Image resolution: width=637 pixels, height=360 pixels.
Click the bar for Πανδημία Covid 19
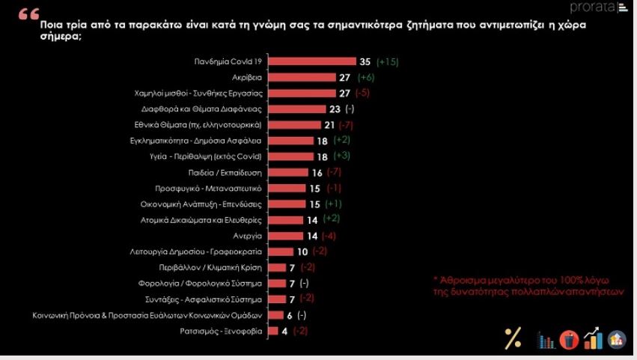pyautogui.click(x=311, y=61)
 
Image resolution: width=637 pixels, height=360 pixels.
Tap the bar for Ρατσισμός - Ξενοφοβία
pyautogui.click(x=272, y=330)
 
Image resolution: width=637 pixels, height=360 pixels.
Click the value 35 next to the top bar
pyautogui.click(x=365, y=61)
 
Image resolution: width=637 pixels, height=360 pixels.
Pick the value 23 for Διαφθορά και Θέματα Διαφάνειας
pyautogui.click(x=335, y=109)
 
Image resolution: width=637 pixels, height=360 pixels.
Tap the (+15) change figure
pyautogui.click(x=388, y=61)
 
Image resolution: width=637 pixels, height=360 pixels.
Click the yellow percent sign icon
pyautogui.click(x=513, y=338)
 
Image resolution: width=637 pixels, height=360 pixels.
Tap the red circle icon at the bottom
pyautogui.click(x=570, y=339)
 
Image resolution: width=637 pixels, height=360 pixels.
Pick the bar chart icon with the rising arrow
pyautogui.click(x=593, y=338)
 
